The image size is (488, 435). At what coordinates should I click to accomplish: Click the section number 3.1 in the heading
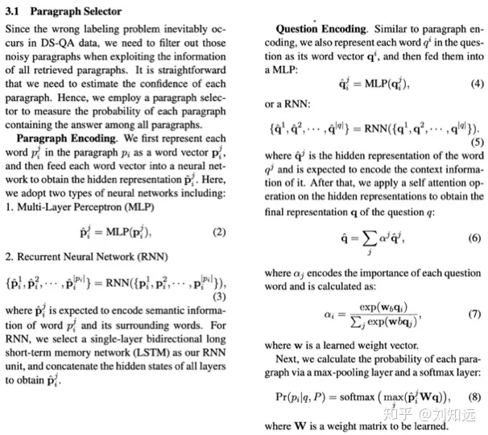15,11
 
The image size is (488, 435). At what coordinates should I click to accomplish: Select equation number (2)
218,232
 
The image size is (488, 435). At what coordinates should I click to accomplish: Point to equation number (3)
218,296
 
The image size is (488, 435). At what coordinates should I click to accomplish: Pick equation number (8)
474,396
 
